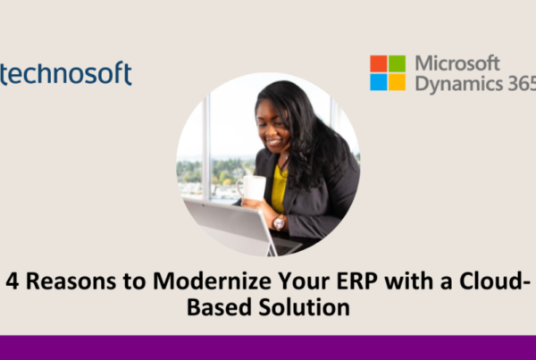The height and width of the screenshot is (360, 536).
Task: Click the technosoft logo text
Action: coord(65,73)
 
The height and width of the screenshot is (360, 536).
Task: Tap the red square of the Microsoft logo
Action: coord(379,63)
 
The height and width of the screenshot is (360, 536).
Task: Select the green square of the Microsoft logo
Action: coord(397,63)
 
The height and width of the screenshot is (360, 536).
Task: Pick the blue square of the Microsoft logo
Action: coord(379,82)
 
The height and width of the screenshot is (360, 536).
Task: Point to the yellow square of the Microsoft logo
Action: coord(397,82)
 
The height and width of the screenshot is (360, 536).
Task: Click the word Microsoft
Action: coord(457,63)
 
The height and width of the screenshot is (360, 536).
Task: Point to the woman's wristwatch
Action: coord(279,223)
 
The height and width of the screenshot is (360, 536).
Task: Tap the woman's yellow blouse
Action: coord(279,188)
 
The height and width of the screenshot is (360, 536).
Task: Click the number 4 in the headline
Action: coord(12,281)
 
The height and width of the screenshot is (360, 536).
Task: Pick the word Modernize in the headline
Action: coord(212,281)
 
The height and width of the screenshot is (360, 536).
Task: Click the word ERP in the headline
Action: coord(356,281)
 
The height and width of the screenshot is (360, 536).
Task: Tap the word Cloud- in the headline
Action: coord(495,280)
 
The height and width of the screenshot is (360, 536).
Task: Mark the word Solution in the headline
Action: coord(305,306)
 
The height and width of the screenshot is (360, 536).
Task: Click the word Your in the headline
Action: coord(304,281)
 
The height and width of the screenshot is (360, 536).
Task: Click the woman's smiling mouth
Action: coord(274,141)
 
